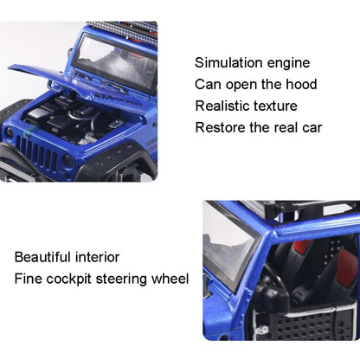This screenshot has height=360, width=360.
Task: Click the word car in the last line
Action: pyautogui.click(x=312, y=128)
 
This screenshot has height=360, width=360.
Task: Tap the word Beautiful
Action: pyautogui.click(x=42, y=257)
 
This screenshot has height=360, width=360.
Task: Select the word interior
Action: pyautogui.click(x=98, y=257)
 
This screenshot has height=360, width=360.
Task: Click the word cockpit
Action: pyautogui.click(x=68, y=280)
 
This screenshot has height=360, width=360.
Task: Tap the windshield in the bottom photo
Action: pyautogui.click(x=228, y=246)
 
